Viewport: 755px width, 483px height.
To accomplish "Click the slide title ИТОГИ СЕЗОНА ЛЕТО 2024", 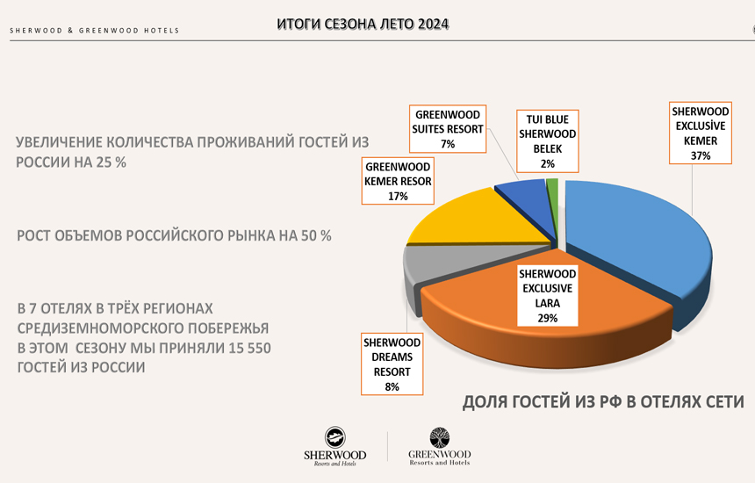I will point(362,25).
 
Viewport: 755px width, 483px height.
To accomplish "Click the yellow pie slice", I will point(457,220).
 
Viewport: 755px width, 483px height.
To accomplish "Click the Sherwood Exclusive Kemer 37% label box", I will point(700,133).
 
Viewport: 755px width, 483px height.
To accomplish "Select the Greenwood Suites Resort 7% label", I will point(448,128).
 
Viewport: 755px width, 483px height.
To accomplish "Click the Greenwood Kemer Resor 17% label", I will point(398,181).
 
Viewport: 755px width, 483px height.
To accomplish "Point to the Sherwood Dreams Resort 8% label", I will point(392,364).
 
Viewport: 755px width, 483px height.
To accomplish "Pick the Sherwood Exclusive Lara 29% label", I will point(547,296).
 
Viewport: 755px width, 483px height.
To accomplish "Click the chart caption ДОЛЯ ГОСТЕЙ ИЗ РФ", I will point(602,402).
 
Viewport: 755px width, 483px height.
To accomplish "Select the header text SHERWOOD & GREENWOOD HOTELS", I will point(95,31).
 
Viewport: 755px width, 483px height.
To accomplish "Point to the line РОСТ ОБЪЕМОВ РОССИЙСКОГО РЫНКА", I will point(174,236).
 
